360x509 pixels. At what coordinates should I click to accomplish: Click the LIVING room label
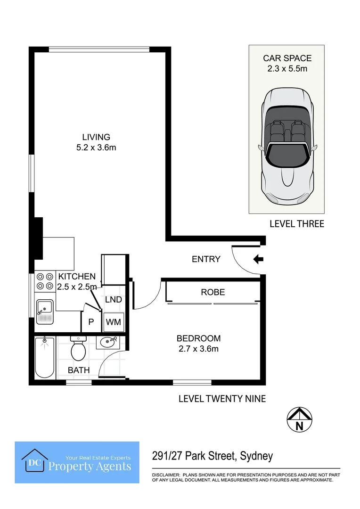tap(96, 137)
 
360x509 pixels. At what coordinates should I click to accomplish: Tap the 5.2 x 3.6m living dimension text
tap(96, 148)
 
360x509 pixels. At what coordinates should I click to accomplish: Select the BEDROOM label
tap(198, 338)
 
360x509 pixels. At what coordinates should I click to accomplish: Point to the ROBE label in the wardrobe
tap(213, 292)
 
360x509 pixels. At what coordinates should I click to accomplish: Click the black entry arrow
tap(258, 259)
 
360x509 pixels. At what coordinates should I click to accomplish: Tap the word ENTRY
tap(206, 259)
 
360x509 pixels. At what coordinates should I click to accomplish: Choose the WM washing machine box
tap(113, 322)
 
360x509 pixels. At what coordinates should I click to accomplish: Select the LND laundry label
tap(113, 300)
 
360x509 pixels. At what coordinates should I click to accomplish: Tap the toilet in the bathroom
tap(78, 349)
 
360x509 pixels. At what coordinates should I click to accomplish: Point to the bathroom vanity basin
tap(109, 342)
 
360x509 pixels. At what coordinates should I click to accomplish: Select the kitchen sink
tap(46, 312)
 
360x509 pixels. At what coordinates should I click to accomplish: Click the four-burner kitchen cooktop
tap(45, 281)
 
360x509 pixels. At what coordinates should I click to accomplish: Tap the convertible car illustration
tap(286, 146)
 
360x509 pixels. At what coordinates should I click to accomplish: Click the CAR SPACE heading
tap(287, 58)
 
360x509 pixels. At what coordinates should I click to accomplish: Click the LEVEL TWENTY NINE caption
tap(222, 399)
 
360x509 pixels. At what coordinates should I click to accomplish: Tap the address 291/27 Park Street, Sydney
tap(213, 456)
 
